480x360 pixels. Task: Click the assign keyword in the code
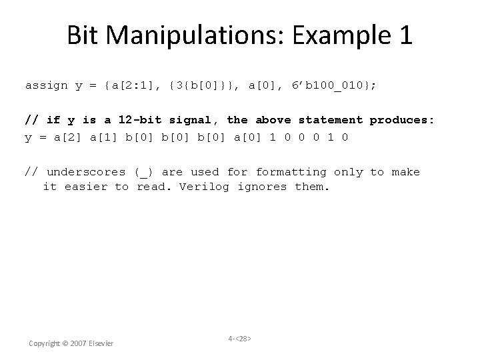click(46, 85)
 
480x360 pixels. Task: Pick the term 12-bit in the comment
click(143, 120)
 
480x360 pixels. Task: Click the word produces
click(402, 120)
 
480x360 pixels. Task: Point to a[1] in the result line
click(103, 137)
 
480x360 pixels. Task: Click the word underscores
click(86, 172)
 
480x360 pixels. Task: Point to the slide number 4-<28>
click(240, 339)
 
